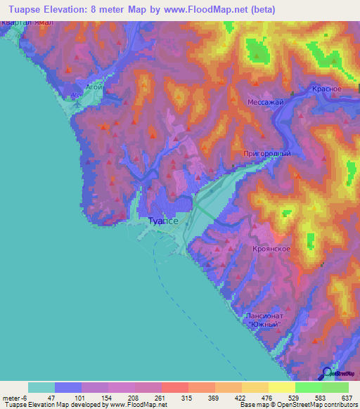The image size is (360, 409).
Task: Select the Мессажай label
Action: (x=264, y=102)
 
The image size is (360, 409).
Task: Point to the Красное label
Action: (x=326, y=89)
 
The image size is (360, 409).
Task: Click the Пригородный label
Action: (x=266, y=152)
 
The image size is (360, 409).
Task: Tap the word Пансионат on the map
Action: (x=264, y=316)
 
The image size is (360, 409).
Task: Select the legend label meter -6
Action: (x=13, y=398)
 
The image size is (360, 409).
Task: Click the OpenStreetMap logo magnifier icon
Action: (x=326, y=373)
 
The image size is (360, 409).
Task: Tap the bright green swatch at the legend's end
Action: (x=335, y=387)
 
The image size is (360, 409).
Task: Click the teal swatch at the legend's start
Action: (x=41, y=387)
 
